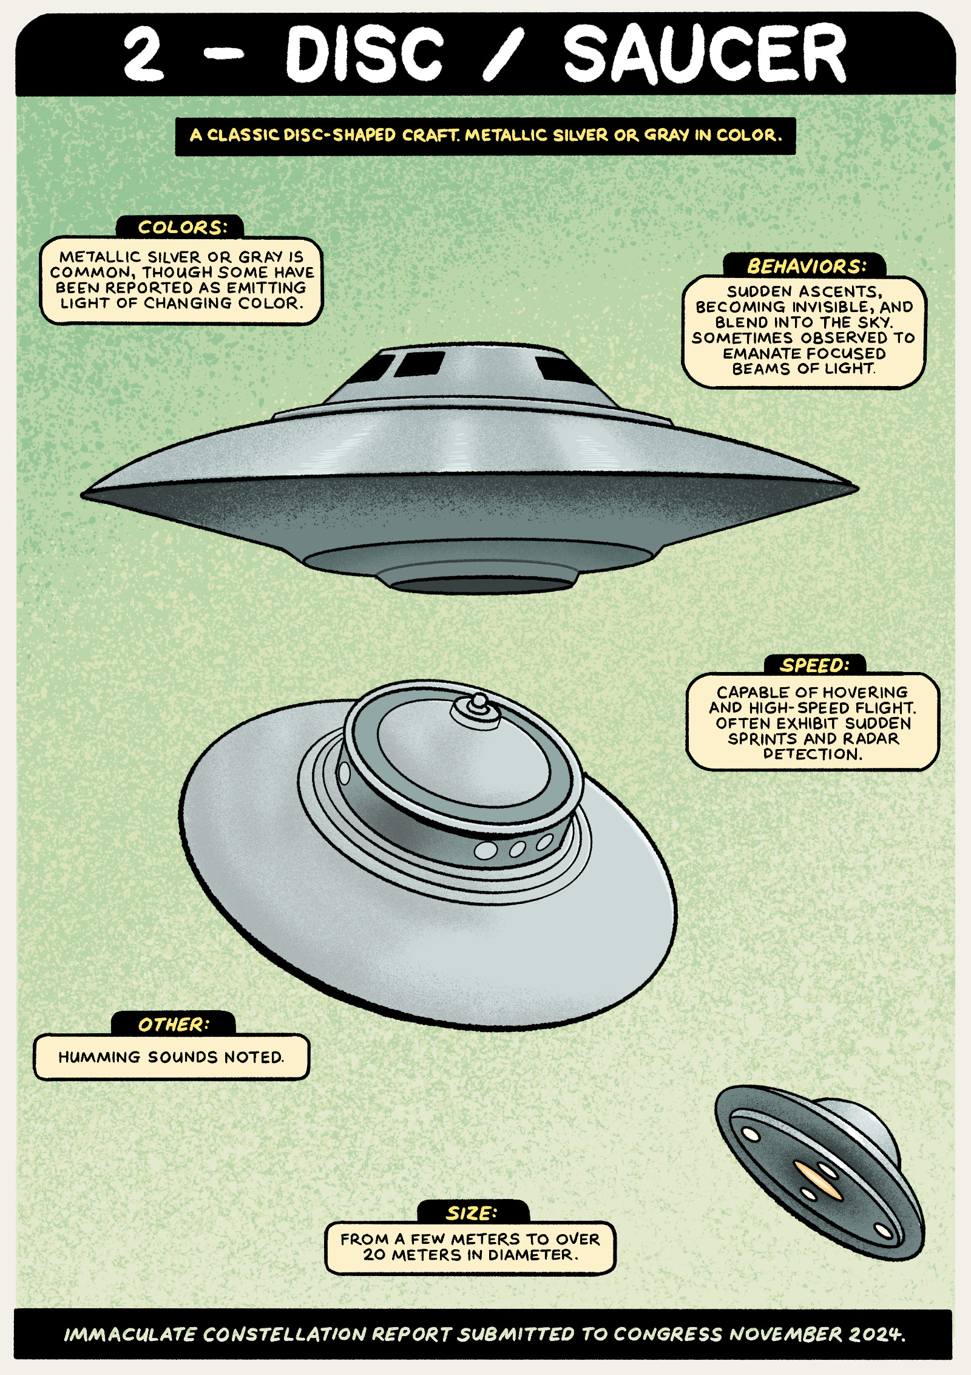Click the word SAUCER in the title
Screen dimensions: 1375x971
coord(704,55)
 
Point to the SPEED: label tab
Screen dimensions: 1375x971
coord(814,665)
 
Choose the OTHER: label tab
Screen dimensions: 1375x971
coord(174,1025)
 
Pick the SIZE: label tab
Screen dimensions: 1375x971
coord(472,1214)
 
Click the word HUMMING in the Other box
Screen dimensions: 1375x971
coord(100,1057)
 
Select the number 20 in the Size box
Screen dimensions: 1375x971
coord(374,1255)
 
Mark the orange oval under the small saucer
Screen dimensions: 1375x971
coord(817,1181)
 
